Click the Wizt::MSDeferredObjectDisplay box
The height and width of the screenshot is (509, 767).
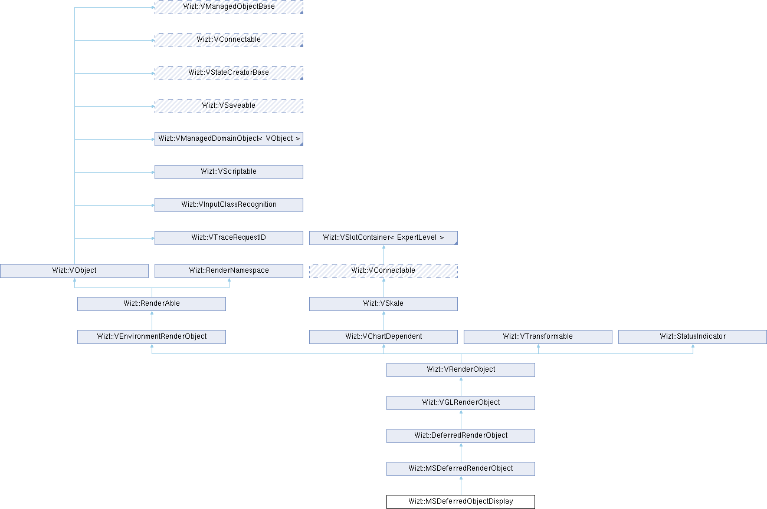(x=460, y=502)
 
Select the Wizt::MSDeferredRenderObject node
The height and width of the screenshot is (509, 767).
(x=460, y=469)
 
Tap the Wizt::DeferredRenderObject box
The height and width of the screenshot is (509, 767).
(x=460, y=436)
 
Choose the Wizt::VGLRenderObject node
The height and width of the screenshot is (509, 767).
(x=460, y=403)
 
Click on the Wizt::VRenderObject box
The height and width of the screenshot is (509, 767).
(x=460, y=370)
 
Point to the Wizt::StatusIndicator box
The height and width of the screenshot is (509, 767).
(x=692, y=337)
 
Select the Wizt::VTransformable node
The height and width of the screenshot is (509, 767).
(x=537, y=337)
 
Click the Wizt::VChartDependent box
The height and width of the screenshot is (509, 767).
(x=383, y=337)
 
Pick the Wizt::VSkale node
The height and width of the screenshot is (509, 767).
(x=383, y=304)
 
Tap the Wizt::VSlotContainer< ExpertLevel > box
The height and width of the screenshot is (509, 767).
(x=383, y=238)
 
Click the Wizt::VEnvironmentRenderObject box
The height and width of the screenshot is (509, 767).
(x=152, y=337)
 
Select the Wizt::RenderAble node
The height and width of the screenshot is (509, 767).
(x=152, y=304)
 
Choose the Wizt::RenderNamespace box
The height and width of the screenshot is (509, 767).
(x=228, y=271)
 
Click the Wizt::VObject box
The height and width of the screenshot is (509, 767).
(x=74, y=271)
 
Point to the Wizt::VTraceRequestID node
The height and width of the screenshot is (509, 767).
(x=228, y=238)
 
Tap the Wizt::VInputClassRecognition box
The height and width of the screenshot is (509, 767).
(x=228, y=205)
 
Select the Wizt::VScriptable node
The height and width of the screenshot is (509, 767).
(x=228, y=172)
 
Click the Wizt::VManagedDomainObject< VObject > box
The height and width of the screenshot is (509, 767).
(x=228, y=139)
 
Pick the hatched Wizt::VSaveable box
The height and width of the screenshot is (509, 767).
(x=228, y=106)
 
